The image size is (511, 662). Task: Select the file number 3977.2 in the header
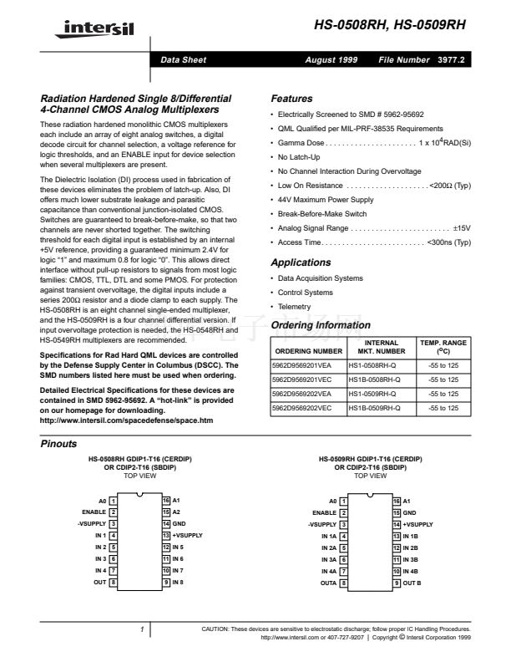pos(451,60)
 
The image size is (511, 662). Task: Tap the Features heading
pos(291,99)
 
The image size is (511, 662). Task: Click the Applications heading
pos(301,262)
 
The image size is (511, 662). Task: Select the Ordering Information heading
pos(321,325)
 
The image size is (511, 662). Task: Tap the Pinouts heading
pos(58,444)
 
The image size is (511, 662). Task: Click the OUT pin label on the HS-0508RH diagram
pos(99,581)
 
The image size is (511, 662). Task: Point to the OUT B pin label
pos(412,581)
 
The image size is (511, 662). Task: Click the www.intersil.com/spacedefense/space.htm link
pos(125,420)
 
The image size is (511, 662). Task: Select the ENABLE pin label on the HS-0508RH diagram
pos(94,511)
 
